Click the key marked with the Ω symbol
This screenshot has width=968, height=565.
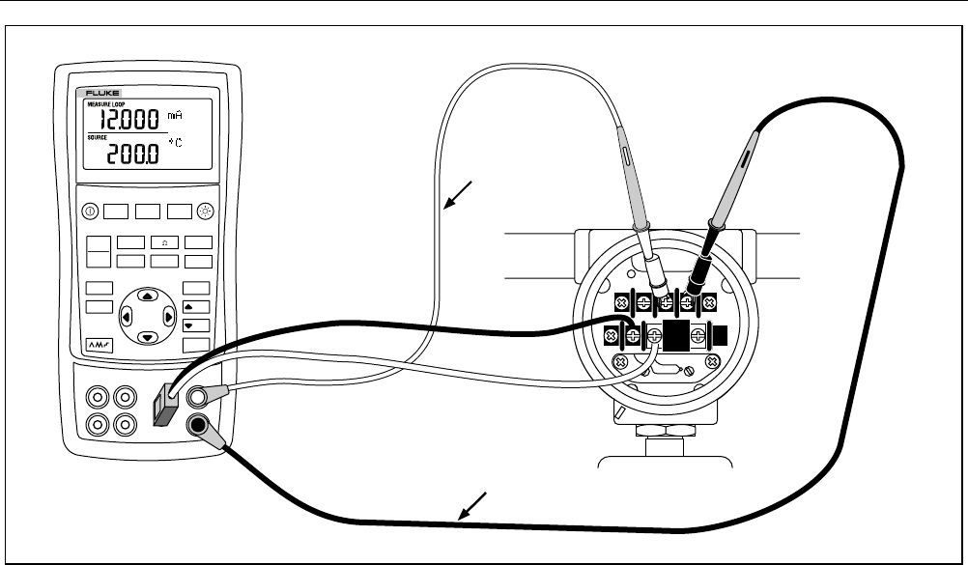tap(165, 243)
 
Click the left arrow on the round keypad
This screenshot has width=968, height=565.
tap(128, 317)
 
